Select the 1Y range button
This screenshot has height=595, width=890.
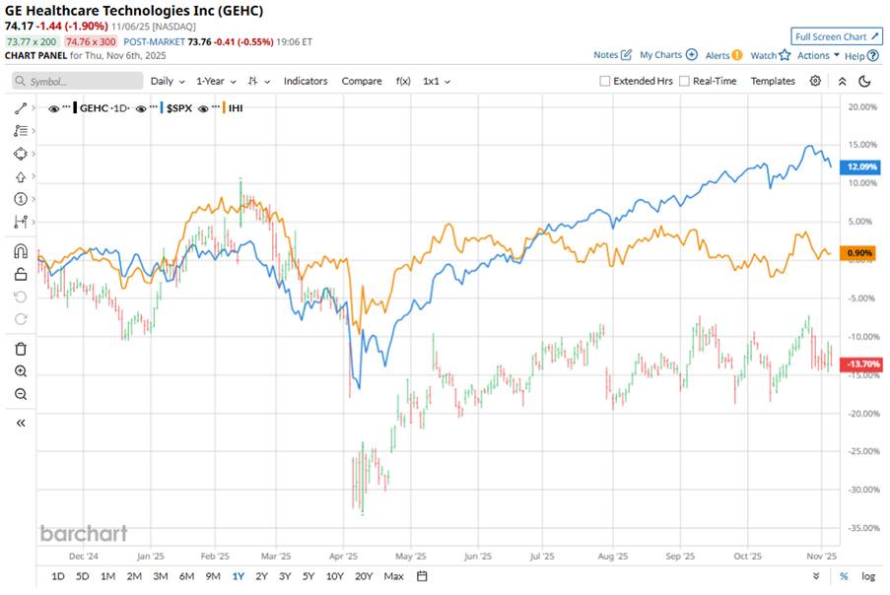tap(238, 576)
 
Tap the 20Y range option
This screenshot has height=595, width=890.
tap(364, 576)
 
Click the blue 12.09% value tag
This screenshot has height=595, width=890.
tap(853, 167)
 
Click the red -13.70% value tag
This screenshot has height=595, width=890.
tap(854, 364)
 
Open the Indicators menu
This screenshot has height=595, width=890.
tap(306, 81)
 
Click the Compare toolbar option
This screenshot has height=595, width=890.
tap(362, 81)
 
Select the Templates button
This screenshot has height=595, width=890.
tap(773, 81)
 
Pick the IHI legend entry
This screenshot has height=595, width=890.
tap(236, 106)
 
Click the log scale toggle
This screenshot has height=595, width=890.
tap(867, 576)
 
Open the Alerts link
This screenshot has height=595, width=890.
tap(722, 55)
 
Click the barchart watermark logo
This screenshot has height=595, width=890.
tap(84, 533)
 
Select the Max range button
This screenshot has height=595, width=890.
tap(393, 576)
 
